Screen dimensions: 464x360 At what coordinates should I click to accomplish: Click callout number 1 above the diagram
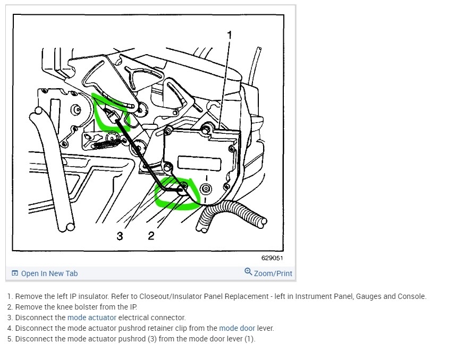pyautogui.click(x=229, y=35)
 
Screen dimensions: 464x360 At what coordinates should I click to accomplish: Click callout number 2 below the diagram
pyautogui.click(x=151, y=236)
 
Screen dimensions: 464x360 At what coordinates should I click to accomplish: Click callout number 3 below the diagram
pyautogui.click(x=120, y=236)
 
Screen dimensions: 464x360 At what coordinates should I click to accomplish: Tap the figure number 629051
pyautogui.click(x=272, y=258)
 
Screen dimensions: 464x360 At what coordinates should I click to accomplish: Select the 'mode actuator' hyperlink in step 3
pyautogui.click(x=92, y=318)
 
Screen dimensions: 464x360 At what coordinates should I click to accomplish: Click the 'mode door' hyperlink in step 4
pyautogui.click(x=237, y=328)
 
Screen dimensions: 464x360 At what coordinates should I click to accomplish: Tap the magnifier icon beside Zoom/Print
pyautogui.click(x=248, y=271)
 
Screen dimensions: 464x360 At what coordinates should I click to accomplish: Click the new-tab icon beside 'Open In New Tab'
pyautogui.click(x=15, y=273)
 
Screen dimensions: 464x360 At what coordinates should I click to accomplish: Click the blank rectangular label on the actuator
pyautogui.click(x=199, y=163)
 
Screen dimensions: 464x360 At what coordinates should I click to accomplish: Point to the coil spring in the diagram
pyautogui.click(x=106, y=144)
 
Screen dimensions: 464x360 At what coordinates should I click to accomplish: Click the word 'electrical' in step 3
pyautogui.click(x=133, y=318)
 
